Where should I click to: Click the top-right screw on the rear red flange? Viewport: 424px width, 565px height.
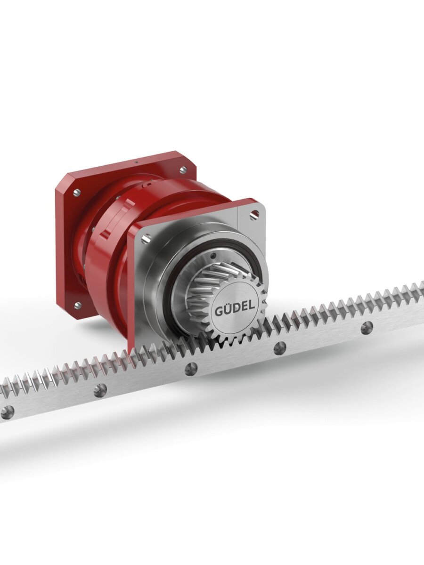[184, 169]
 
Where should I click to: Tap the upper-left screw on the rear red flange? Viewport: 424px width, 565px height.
[76, 192]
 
